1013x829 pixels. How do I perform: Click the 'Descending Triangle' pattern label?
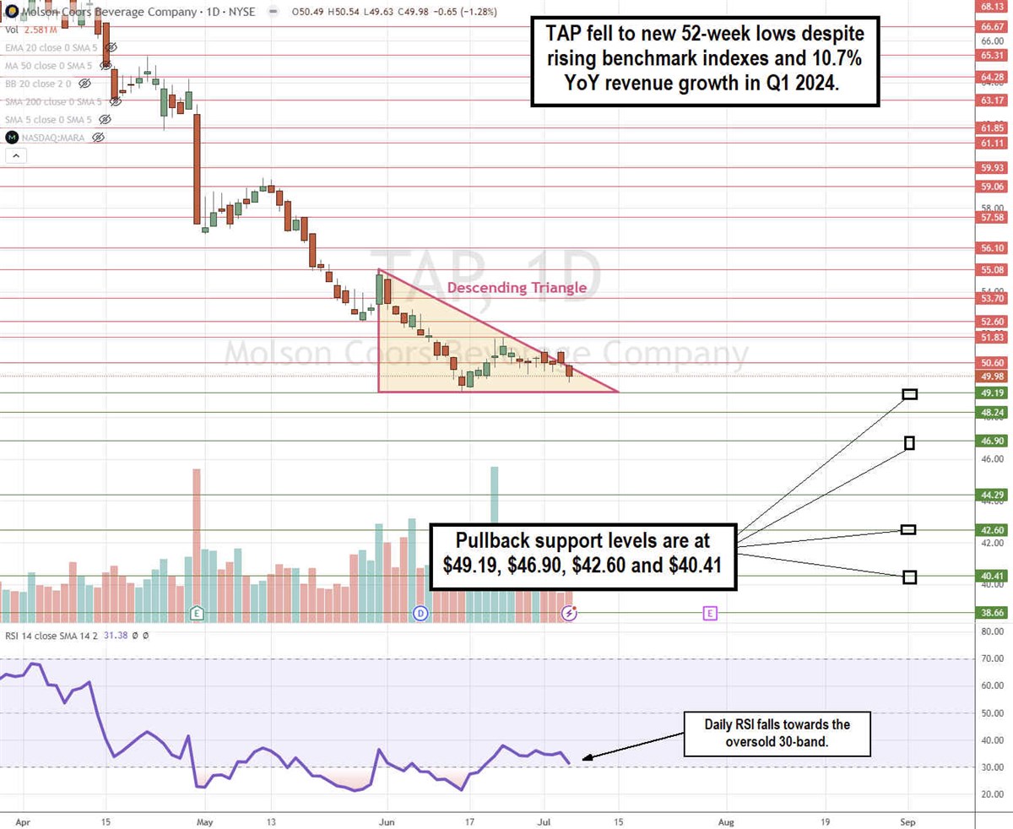pyautogui.click(x=517, y=288)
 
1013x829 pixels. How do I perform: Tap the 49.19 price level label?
pyautogui.click(x=992, y=393)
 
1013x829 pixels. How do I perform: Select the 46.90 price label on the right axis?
pyautogui.click(x=992, y=442)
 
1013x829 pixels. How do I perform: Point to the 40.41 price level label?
pyautogui.click(x=992, y=577)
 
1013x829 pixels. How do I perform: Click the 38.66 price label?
pyautogui.click(x=992, y=613)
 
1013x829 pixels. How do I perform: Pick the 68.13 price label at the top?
pyautogui.click(x=992, y=6)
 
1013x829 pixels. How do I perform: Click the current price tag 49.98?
pyautogui.click(x=992, y=377)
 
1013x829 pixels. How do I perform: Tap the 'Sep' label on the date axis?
pyautogui.click(x=908, y=821)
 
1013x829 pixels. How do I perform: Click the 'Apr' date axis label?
pyautogui.click(x=22, y=821)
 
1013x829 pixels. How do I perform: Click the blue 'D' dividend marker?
pyautogui.click(x=420, y=613)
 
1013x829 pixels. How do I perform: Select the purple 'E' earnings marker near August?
pyautogui.click(x=709, y=614)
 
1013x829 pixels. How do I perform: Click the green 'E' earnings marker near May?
pyautogui.click(x=197, y=613)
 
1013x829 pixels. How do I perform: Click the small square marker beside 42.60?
pyautogui.click(x=908, y=529)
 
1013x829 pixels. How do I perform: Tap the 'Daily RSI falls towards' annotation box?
pyautogui.click(x=766, y=734)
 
